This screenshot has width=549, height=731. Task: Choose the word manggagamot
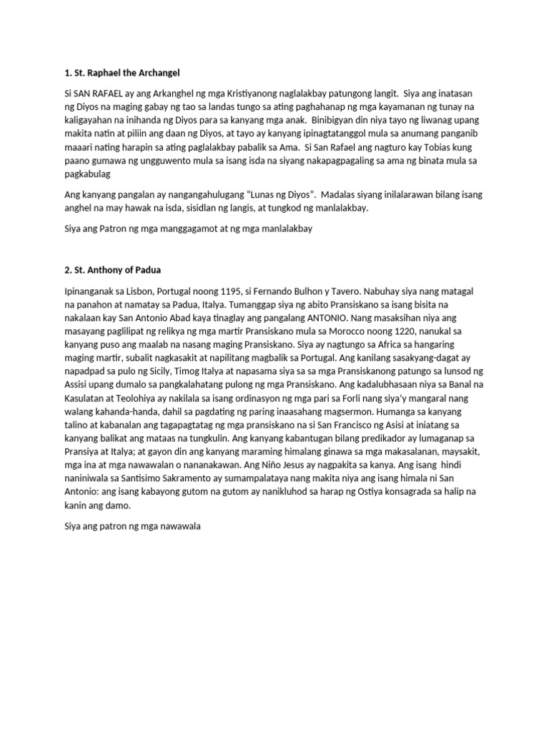tap(200, 230)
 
